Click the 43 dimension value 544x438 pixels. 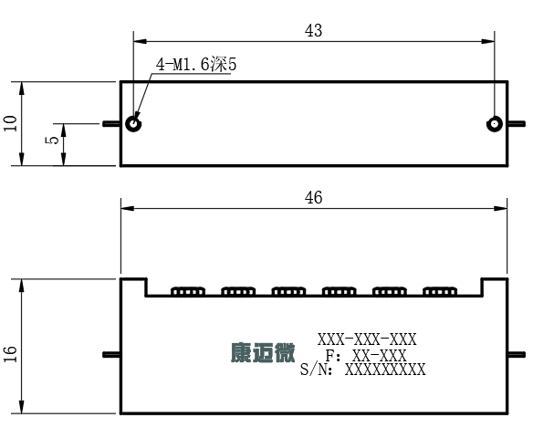(x=313, y=30)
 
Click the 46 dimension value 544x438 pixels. (x=313, y=198)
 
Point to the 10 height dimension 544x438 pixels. (x=10, y=123)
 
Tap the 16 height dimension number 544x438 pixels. (x=10, y=354)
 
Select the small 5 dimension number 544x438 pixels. (x=52, y=141)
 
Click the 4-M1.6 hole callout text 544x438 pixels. (x=196, y=65)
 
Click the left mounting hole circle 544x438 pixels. (x=133, y=124)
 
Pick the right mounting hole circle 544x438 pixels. (x=495, y=124)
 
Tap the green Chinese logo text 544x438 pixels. (x=263, y=353)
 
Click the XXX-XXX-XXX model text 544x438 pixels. (x=367, y=339)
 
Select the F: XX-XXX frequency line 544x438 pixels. (x=366, y=356)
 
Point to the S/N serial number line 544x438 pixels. (x=363, y=370)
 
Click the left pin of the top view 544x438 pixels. (x=111, y=123)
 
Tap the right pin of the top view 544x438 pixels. (x=517, y=123)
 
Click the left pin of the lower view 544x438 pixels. (x=111, y=354)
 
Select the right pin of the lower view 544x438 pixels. (x=517, y=354)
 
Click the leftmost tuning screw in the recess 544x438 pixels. (x=188, y=291)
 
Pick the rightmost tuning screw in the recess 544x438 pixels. (x=440, y=291)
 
